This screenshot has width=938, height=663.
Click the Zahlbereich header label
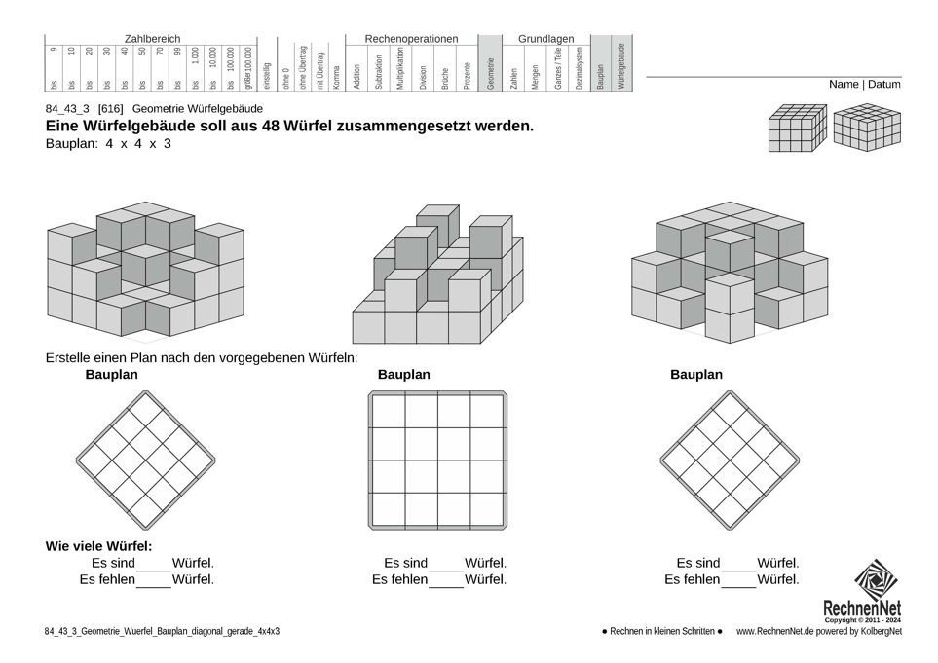point(152,39)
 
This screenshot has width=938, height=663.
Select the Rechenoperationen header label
point(411,39)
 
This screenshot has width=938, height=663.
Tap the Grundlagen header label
point(545,39)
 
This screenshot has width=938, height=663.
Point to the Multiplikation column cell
point(400,68)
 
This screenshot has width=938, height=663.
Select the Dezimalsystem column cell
point(579,68)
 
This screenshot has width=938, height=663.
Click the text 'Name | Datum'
point(864,85)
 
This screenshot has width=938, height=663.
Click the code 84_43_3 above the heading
point(66,109)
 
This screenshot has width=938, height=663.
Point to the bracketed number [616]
point(110,109)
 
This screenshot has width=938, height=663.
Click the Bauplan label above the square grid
point(403,375)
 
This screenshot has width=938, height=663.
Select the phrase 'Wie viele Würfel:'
point(98,546)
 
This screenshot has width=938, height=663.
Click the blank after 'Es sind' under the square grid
point(445,565)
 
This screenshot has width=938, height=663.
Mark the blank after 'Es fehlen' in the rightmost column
point(738,581)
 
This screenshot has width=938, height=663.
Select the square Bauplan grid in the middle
point(437,460)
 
